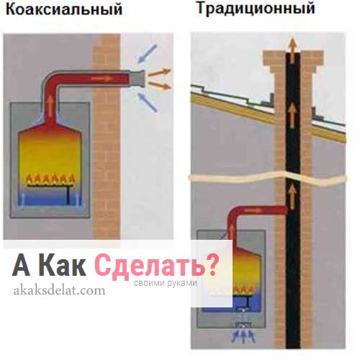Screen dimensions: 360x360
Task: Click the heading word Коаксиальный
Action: [64, 10]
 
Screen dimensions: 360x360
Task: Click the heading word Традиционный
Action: [256, 9]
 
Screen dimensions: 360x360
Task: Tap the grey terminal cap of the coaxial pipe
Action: [138, 78]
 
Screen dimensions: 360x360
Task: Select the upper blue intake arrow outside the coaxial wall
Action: [148, 54]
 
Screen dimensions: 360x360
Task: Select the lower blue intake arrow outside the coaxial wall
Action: [148, 102]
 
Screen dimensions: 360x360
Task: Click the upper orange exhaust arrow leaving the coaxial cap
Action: [159, 72]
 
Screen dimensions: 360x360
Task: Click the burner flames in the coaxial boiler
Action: [50, 179]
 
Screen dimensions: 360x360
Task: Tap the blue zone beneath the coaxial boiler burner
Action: [50, 197]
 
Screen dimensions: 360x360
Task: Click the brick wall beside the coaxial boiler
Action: [107, 136]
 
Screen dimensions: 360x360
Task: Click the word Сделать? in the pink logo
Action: [156, 266]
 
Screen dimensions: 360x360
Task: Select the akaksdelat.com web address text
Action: [59, 290]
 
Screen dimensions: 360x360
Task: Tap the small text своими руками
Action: [166, 283]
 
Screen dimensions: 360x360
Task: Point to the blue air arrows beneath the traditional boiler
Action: [243, 336]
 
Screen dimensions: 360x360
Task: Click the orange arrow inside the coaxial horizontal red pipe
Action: [102, 78]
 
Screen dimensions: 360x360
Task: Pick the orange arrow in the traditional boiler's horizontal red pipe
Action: [254, 210]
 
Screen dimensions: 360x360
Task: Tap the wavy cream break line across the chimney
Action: [268, 178]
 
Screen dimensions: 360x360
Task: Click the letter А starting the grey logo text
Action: [21, 265]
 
